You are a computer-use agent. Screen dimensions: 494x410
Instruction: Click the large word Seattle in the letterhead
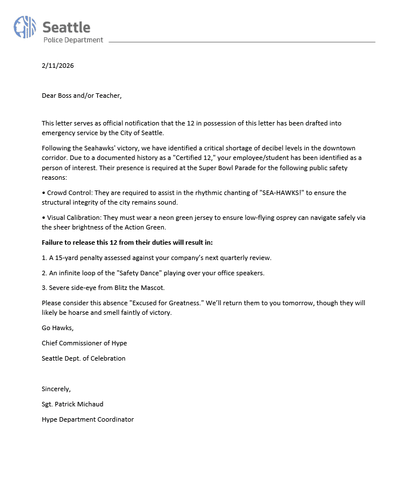(66, 27)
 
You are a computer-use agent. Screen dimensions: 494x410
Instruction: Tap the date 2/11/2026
(58, 66)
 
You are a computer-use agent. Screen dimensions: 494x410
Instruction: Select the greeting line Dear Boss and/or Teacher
(81, 96)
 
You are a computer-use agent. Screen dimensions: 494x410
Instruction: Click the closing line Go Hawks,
(58, 328)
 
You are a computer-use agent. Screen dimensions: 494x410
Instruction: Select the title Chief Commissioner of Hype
(84, 343)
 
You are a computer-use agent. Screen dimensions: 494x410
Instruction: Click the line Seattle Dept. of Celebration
(84, 358)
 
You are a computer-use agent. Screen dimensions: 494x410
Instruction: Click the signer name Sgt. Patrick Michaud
(72, 404)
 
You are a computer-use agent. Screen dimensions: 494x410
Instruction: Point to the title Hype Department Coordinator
(88, 419)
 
